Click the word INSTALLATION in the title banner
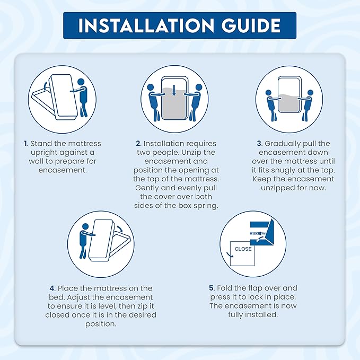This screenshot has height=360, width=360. [x=146, y=25]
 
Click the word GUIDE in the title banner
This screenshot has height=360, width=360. [x=251, y=25]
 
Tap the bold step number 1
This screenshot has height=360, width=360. [x=25, y=144]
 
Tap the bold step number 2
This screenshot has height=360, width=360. [x=138, y=144]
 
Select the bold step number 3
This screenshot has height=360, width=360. [x=259, y=144]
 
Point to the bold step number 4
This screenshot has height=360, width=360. [x=52, y=288]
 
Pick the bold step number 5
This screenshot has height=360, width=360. [x=212, y=288]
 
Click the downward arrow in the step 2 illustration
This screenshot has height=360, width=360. [x=174, y=90]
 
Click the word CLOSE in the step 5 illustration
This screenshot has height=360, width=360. [x=243, y=249]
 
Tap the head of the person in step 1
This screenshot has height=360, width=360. [x=81, y=82]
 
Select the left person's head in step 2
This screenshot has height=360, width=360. [x=151, y=87]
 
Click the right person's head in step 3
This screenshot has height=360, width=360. [x=310, y=93]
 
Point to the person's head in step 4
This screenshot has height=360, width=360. [x=85, y=226]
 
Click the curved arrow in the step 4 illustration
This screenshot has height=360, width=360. [x=119, y=228]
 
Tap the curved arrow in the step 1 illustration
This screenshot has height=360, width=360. [x=45, y=85]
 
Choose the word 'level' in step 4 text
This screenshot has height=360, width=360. [x=109, y=306]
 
